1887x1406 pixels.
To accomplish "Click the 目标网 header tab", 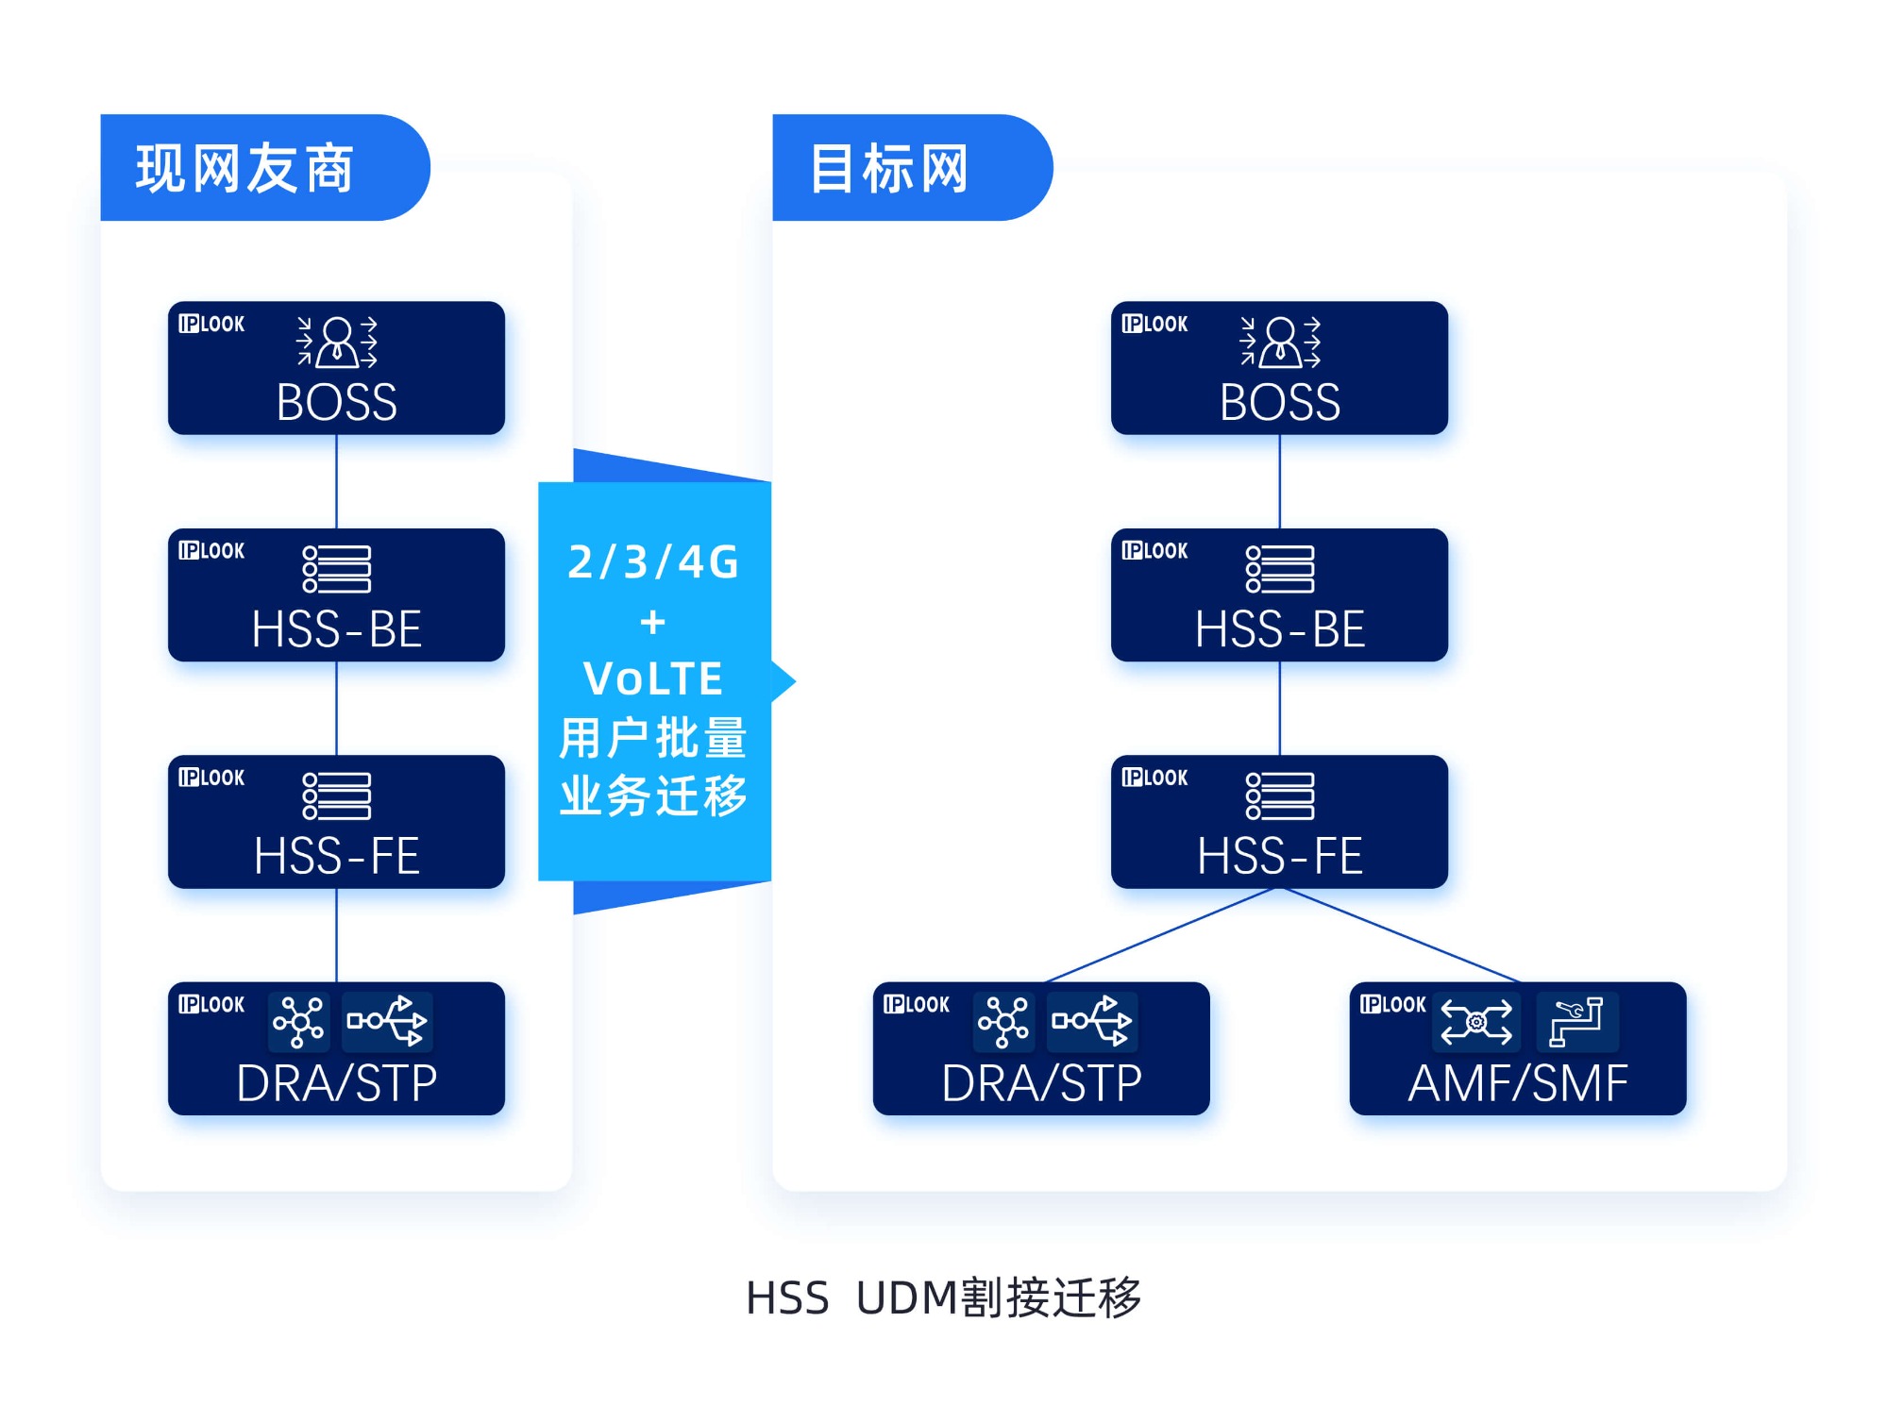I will click(890, 169).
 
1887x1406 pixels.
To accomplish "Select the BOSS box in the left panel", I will click(336, 369).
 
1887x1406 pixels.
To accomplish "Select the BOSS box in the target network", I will click(1279, 369).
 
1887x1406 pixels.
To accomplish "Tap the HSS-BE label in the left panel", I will click(336, 629).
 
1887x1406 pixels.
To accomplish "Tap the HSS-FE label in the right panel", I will click(1279, 856).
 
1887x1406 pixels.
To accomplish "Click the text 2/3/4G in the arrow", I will click(653, 562).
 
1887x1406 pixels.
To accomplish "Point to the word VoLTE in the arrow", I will click(653, 678).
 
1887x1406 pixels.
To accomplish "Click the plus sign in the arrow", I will click(653, 623).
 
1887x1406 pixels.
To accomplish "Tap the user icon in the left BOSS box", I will click(337, 342).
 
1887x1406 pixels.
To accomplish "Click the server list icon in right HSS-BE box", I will click(1280, 569).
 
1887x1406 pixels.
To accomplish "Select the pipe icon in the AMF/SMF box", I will click(1576, 1021).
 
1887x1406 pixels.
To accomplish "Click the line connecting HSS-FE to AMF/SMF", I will click(1397, 934).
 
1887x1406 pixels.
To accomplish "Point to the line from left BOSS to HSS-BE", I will click(337, 481).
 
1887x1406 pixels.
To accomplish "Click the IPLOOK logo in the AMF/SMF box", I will click(1392, 1005).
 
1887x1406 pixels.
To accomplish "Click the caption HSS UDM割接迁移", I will click(943, 1297).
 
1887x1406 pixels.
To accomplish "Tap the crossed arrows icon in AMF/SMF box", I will click(1475, 1021).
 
